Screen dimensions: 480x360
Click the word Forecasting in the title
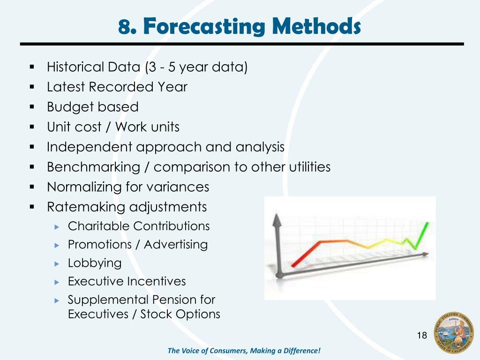point(204,26)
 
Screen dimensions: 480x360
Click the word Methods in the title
point(316,26)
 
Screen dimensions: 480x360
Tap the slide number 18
point(422,335)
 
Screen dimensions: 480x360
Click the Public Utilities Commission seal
point(454,333)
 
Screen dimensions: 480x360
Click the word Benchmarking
point(93,167)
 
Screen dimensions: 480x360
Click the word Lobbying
point(95,263)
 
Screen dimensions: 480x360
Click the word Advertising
point(176,245)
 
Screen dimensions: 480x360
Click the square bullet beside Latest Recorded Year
point(32,87)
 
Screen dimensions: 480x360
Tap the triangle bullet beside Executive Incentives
point(57,282)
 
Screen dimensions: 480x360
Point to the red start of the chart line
point(294,265)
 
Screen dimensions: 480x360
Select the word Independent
point(90,147)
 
